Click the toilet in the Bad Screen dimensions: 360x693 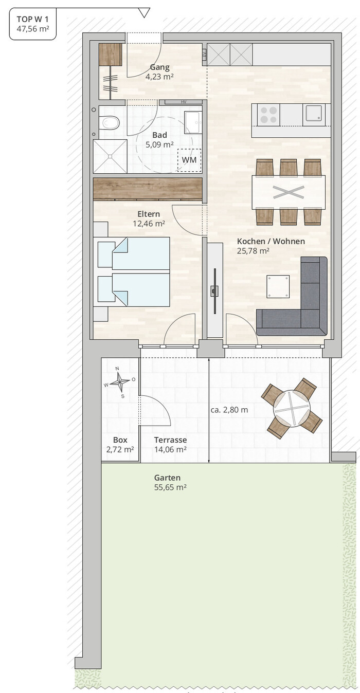109,122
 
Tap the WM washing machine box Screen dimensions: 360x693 189,160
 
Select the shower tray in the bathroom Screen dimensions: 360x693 110,156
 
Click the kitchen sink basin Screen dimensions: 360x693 314,113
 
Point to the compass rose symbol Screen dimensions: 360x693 120,382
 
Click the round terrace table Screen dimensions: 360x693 292,408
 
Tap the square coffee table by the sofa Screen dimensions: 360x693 278,287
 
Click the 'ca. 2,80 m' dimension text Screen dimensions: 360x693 229,410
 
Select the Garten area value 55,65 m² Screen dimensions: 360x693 170,487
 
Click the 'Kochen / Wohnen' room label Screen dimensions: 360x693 271,241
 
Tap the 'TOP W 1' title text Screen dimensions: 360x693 32,19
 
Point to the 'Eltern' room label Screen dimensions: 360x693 149,214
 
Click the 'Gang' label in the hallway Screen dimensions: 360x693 160,67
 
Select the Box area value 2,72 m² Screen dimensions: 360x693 120,449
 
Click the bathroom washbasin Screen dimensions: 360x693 192,122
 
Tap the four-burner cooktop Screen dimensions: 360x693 268,115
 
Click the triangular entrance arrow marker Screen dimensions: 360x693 144,13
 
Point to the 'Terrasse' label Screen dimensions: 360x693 171,440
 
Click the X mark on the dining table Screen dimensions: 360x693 289,192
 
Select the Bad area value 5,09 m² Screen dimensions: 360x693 159,144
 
